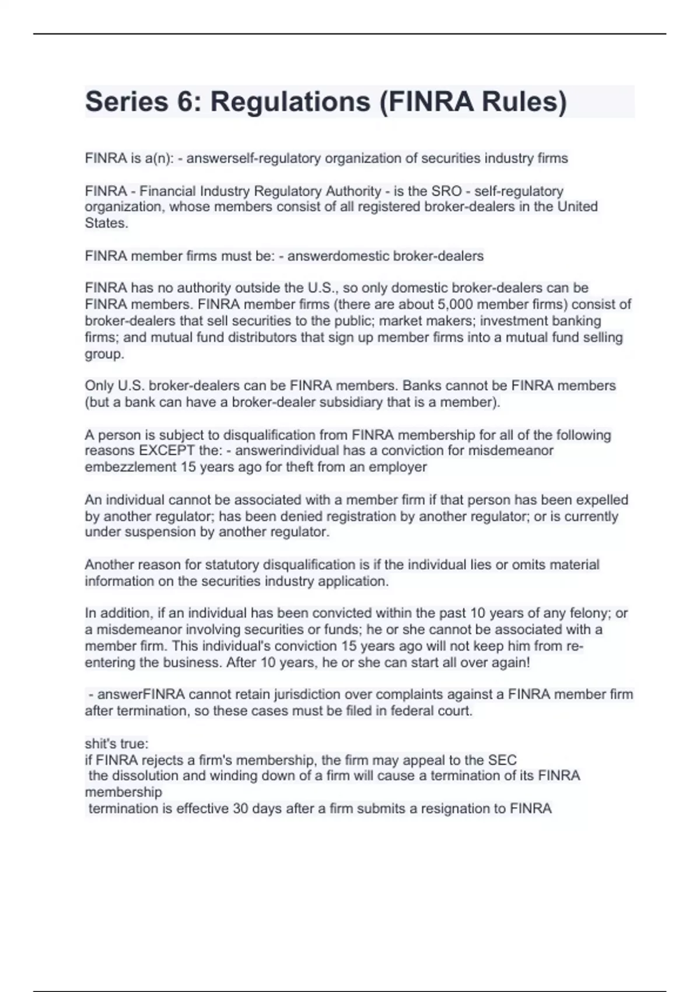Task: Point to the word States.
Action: [x=106, y=223]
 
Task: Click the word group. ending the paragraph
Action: [x=104, y=354]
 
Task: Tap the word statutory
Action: [x=231, y=565]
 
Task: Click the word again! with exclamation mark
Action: [x=510, y=663]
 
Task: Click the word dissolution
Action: [x=143, y=776]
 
